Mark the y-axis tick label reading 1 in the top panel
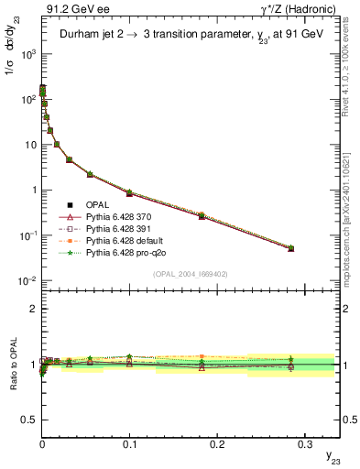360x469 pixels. click(32, 190)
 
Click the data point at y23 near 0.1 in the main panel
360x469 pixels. click(129, 193)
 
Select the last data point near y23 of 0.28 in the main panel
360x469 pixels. click(290, 248)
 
